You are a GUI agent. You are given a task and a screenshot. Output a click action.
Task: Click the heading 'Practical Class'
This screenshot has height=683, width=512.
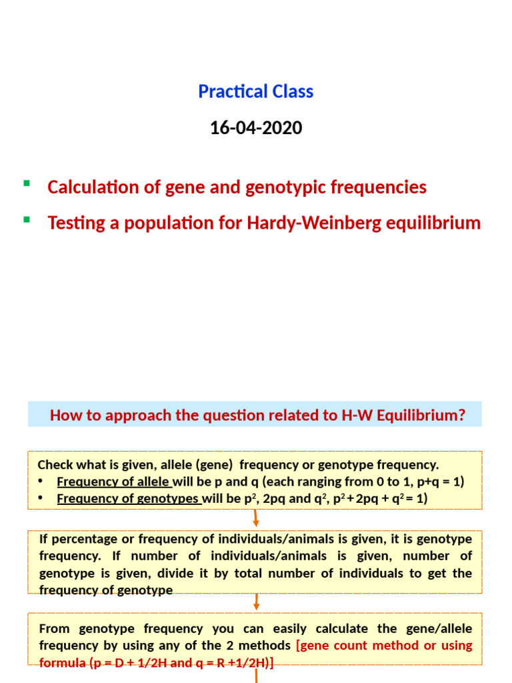point(255,91)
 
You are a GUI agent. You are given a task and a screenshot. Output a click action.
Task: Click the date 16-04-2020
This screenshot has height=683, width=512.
point(256,127)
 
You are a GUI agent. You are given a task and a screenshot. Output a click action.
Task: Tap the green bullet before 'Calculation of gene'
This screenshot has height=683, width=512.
point(27,183)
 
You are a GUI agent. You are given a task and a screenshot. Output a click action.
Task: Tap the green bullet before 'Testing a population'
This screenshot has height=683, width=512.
point(27,219)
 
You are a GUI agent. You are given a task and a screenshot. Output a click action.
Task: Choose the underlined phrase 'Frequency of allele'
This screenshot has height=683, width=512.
point(114,482)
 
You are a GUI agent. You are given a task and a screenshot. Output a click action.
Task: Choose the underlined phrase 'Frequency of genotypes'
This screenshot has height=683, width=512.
point(129,498)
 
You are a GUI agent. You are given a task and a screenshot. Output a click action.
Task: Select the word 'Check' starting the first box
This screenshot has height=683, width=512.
point(54,464)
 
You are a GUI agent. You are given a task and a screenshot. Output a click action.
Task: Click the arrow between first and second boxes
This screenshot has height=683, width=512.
point(256,518)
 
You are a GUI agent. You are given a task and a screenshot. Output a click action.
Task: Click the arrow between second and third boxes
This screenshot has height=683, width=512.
point(256,602)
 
